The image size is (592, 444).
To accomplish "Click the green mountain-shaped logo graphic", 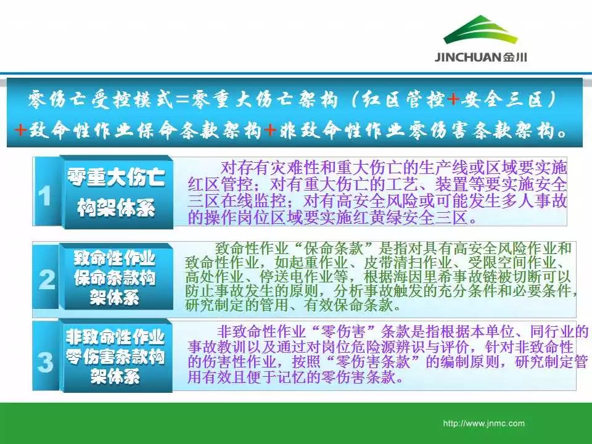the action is (x=480, y=30).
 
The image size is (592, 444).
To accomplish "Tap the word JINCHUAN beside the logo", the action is (x=469, y=57).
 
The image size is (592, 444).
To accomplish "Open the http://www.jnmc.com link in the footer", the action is (x=484, y=423).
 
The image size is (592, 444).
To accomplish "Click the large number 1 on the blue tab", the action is (x=45, y=196).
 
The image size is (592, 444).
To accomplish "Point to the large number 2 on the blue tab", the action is (x=46, y=280).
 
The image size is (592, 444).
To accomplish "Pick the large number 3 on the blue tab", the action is (x=45, y=362).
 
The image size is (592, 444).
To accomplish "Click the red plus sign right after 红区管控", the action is (x=453, y=99).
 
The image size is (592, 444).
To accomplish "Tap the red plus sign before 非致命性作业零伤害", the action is (x=270, y=130).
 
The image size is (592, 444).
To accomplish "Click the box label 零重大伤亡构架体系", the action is (x=117, y=192).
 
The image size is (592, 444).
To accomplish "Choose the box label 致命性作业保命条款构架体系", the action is (x=115, y=277).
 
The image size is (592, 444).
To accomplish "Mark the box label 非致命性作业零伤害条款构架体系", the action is (x=115, y=356).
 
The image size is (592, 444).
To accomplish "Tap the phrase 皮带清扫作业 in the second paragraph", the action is (x=408, y=262).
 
